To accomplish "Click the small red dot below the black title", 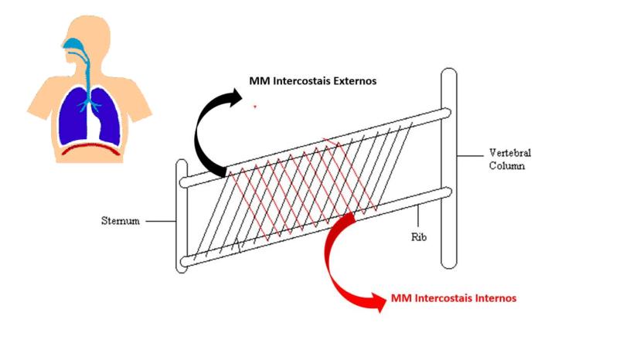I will (256, 107).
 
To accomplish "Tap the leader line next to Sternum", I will (160, 222).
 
